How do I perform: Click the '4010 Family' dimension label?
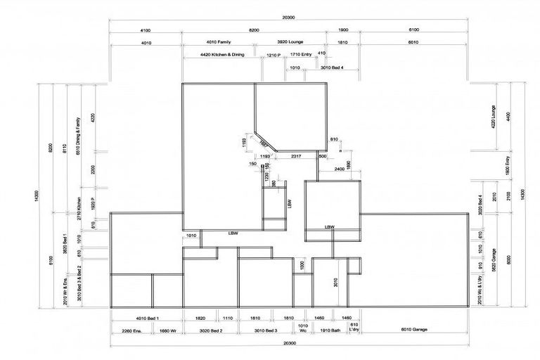click(217, 43)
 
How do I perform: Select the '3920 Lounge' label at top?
click(290, 43)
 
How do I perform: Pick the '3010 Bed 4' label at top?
click(332, 67)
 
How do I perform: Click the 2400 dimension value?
click(339, 169)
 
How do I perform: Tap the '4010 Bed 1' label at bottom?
click(147, 319)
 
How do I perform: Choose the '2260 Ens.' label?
click(131, 330)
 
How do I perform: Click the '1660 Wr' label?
click(167, 330)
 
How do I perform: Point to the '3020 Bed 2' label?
click(212, 330)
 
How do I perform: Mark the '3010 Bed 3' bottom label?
click(266, 330)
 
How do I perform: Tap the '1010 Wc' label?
click(303, 329)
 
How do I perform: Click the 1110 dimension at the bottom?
click(227, 319)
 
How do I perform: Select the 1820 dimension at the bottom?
click(200, 319)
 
